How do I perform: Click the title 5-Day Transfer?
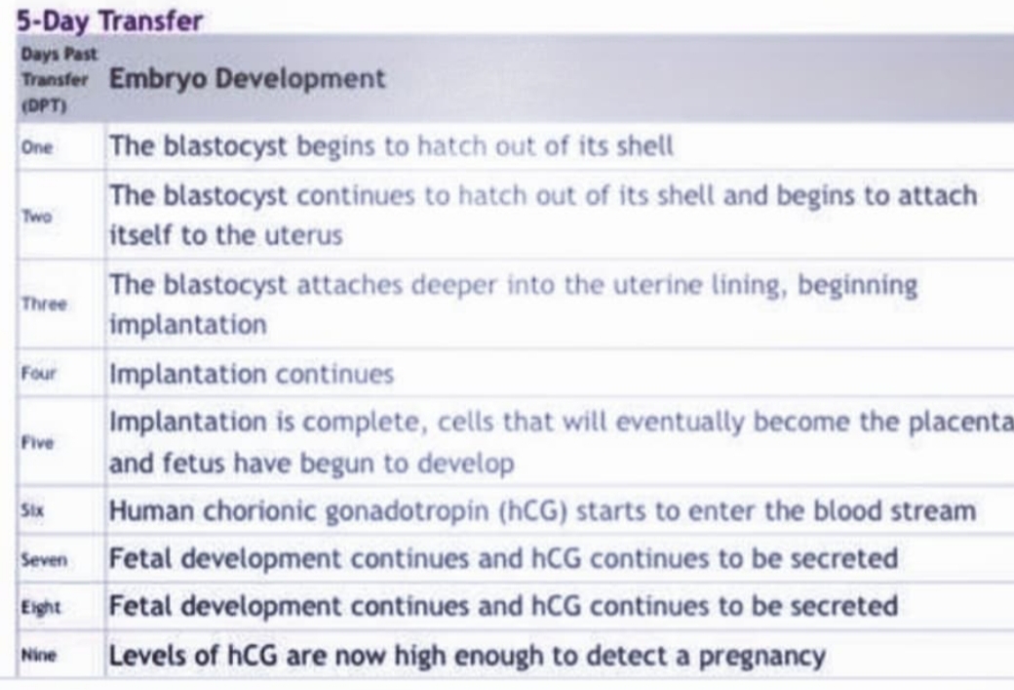tap(109, 20)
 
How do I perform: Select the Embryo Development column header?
tap(247, 79)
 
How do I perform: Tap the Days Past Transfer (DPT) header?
tap(58, 80)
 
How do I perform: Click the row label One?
tap(37, 147)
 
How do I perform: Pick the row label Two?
tap(36, 216)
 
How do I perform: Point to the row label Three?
tap(44, 304)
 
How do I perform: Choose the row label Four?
tap(39, 373)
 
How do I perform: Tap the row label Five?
tap(37, 443)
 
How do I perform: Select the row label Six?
tap(32, 510)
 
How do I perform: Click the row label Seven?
tap(44, 559)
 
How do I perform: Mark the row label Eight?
tap(41, 607)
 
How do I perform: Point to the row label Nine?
tap(39, 655)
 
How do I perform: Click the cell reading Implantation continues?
tap(252, 374)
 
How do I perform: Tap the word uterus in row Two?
tap(304, 235)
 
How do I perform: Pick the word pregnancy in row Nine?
tap(762, 657)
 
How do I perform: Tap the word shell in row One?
tap(645, 146)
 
